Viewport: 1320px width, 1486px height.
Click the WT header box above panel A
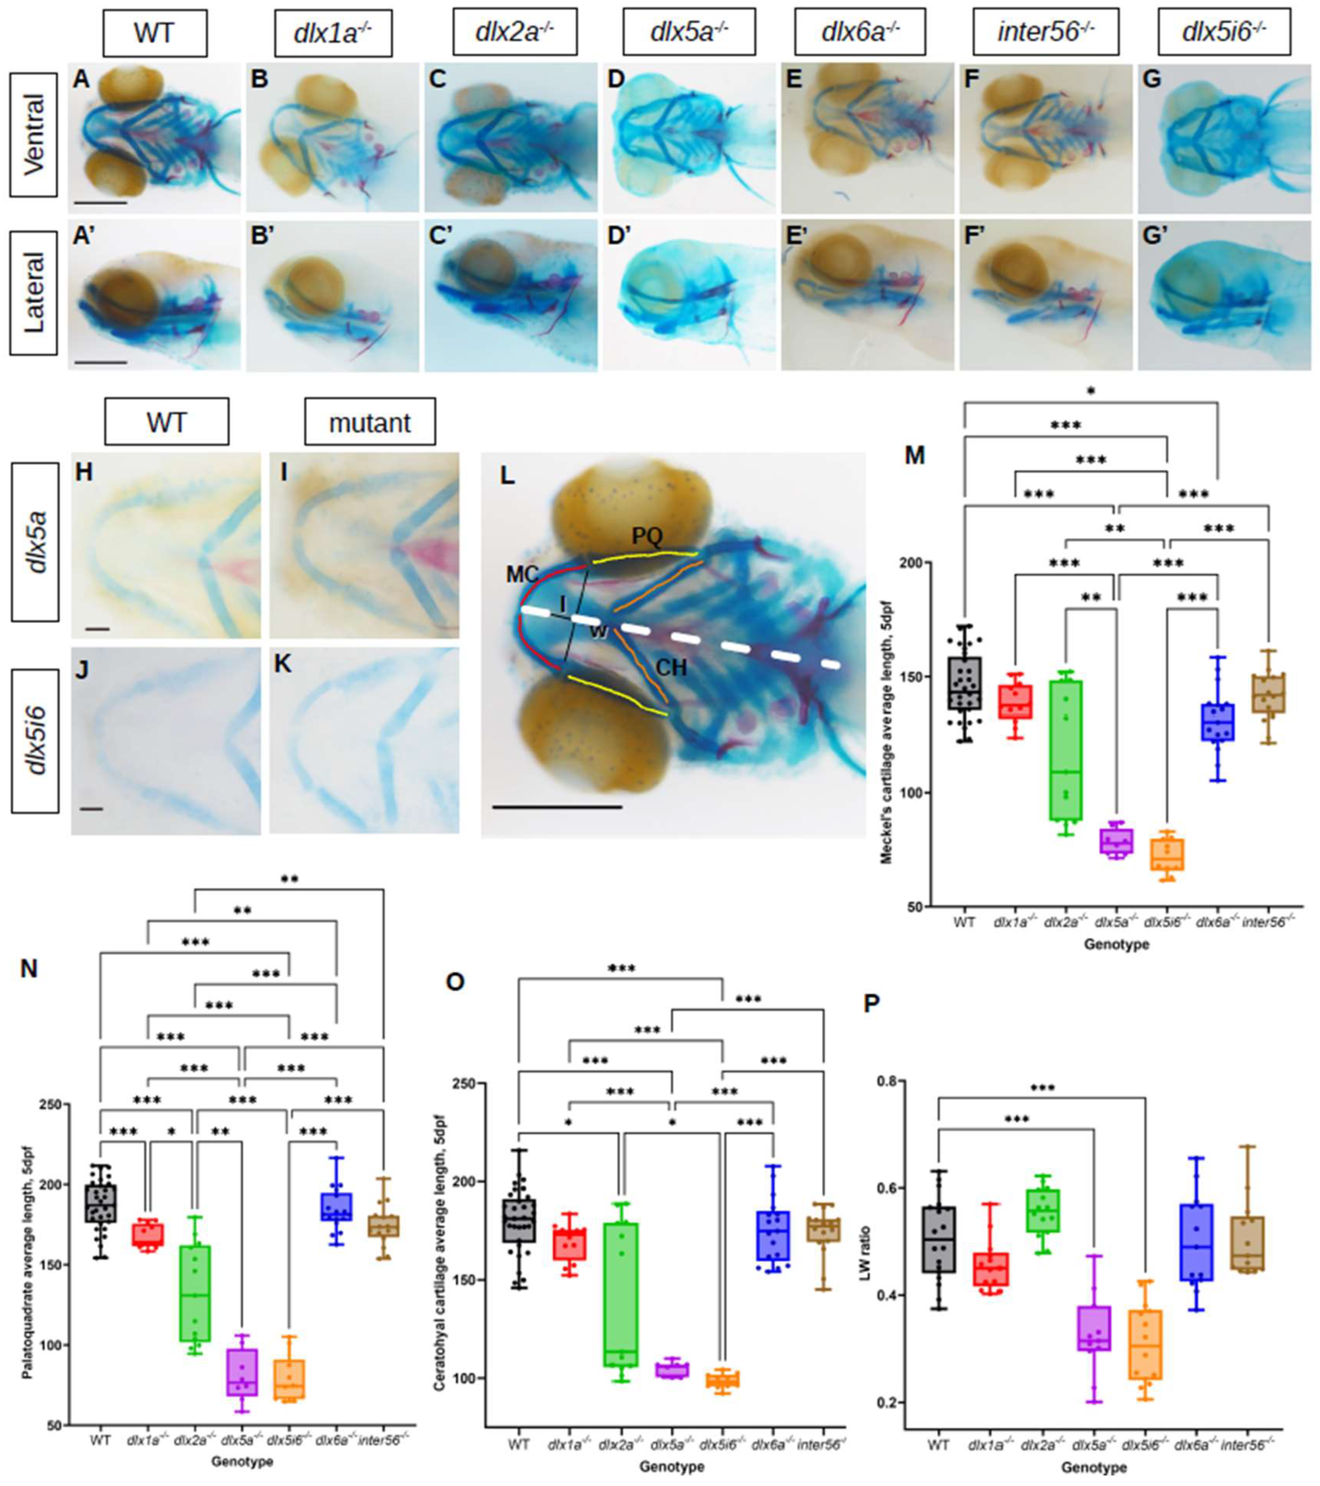(155, 33)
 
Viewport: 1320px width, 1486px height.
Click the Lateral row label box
(33, 292)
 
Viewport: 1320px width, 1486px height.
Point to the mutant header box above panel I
(369, 422)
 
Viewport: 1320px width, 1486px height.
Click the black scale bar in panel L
(557, 806)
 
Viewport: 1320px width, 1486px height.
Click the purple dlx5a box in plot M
(1116, 841)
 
